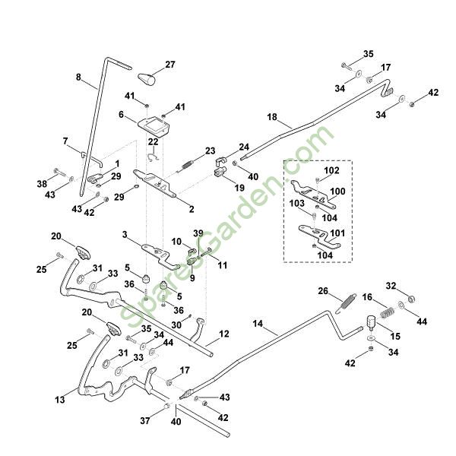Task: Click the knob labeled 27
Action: tap(147, 78)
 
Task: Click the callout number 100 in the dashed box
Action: tap(337, 192)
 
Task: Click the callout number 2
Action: tap(192, 208)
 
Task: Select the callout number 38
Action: tap(41, 184)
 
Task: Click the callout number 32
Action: tap(391, 286)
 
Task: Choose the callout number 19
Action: tap(238, 187)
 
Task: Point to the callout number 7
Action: tap(65, 141)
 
